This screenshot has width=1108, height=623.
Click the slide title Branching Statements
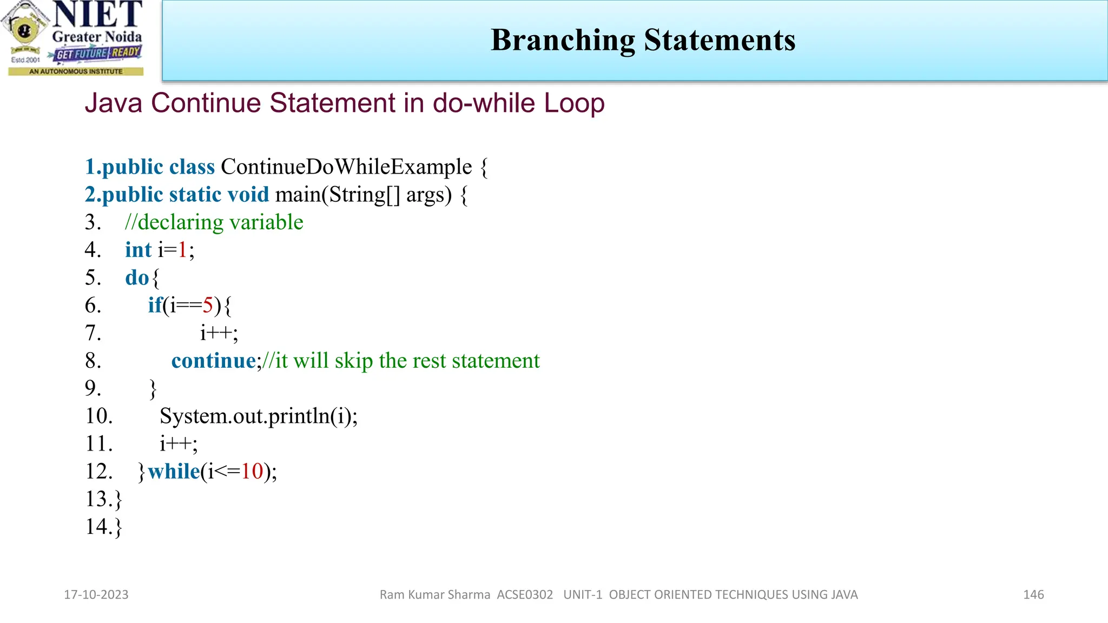[x=643, y=40]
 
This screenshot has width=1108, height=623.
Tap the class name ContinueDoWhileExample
[x=346, y=167]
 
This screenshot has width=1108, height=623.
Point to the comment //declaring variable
[x=214, y=222]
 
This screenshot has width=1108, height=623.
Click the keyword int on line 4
[x=138, y=250]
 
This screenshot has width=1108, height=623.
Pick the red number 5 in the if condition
[x=208, y=306]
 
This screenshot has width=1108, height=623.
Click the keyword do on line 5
[x=136, y=278]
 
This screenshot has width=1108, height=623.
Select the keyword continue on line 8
[x=214, y=361]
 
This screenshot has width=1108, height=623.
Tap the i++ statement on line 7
[x=219, y=333]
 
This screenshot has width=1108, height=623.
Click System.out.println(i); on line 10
[x=259, y=416]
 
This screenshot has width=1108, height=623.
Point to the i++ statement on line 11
[x=179, y=444]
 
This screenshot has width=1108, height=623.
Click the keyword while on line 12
[x=174, y=472]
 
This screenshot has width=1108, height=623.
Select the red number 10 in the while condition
[x=252, y=472]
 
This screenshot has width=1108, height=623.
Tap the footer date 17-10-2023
[x=96, y=595]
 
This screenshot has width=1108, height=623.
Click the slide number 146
[x=1033, y=595]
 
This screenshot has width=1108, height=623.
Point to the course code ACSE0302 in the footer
[x=525, y=595]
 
